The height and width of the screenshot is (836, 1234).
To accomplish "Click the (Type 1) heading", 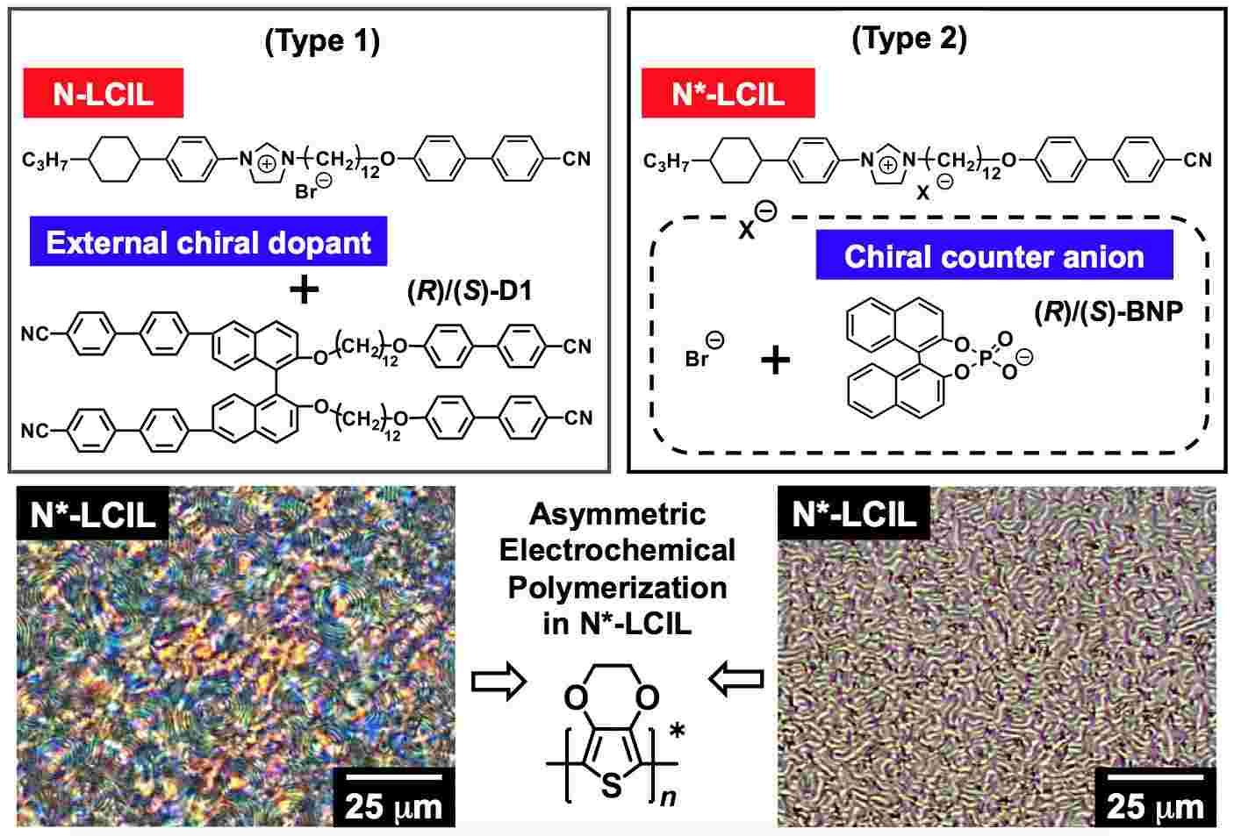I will click(x=322, y=41).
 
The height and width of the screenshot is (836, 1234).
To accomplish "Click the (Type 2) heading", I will click(x=909, y=39).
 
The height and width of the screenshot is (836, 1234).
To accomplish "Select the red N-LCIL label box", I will click(x=104, y=93).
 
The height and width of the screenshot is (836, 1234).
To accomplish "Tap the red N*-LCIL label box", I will click(x=728, y=93).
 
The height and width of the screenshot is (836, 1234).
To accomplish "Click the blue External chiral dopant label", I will click(x=209, y=242).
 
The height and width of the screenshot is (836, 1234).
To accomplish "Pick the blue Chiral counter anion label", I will click(x=994, y=256).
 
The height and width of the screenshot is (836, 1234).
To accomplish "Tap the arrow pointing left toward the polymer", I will click(x=735, y=680).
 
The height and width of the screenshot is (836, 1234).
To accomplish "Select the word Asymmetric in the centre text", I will click(x=617, y=514).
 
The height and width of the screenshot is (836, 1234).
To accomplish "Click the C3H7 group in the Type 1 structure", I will click(x=47, y=160).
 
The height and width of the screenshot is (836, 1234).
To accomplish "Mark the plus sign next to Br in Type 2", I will click(x=774, y=360).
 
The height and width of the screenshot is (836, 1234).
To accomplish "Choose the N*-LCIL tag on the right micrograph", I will click(x=853, y=514).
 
